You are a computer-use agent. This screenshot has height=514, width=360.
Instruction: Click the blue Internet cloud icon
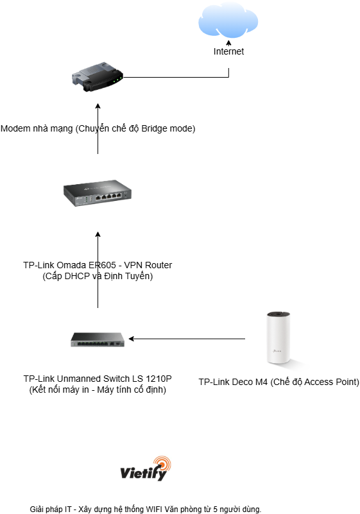click(x=228, y=21)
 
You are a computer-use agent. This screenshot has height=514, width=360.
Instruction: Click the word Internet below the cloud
click(x=228, y=51)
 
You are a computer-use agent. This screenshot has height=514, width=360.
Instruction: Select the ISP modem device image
click(x=98, y=76)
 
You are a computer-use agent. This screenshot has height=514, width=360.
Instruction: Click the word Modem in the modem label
click(x=12, y=128)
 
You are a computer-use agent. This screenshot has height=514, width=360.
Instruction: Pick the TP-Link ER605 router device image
click(x=98, y=193)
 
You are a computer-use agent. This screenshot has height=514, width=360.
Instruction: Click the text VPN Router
click(x=148, y=265)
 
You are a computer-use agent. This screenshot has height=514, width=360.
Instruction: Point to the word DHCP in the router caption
click(x=77, y=276)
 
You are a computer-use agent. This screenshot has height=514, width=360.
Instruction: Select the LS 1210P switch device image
click(x=98, y=339)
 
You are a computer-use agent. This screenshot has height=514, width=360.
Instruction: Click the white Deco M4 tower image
click(x=279, y=338)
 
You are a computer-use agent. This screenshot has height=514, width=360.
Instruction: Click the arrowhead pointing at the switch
click(x=131, y=339)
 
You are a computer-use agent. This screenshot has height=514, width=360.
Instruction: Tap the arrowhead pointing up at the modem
click(x=98, y=107)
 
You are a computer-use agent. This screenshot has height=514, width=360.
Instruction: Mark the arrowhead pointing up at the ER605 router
click(x=98, y=234)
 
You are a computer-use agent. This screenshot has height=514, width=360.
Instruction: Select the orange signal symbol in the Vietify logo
click(x=162, y=463)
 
